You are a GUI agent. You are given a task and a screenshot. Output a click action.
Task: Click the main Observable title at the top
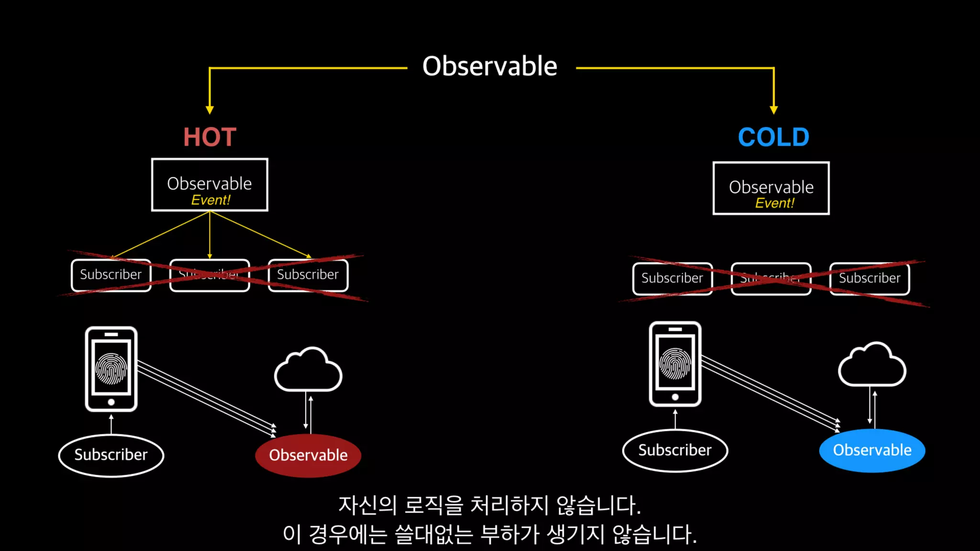point(490,66)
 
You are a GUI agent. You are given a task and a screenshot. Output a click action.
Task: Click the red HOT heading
point(210,137)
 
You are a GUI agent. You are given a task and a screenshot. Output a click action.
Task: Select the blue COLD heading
point(773,137)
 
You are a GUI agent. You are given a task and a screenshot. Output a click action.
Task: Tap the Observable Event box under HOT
point(210,185)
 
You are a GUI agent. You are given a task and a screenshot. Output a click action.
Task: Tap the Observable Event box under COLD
point(771,188)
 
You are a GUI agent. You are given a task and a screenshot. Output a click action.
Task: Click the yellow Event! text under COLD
point(774,203)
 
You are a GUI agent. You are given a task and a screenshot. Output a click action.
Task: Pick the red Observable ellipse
point(308,455)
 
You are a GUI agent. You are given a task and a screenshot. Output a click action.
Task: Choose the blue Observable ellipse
point(872,450)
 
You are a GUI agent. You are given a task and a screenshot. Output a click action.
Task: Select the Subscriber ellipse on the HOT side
point(111,455)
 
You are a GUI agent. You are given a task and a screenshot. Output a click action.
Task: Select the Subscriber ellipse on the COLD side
point(675,450)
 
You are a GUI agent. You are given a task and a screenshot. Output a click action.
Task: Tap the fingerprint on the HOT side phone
point(111,369)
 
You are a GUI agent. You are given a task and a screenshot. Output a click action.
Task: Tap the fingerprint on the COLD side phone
point(675,364)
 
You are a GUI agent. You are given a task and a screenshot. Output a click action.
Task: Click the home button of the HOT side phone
point(111,402)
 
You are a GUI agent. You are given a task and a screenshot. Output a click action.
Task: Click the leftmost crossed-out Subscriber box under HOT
point(111,275)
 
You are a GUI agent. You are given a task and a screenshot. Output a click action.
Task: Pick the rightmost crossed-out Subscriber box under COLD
point(869,278)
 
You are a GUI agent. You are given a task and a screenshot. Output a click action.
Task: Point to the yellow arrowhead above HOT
point(210,110)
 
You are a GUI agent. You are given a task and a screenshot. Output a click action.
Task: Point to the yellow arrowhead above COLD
point(774,110)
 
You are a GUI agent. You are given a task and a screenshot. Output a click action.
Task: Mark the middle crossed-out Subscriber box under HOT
point(210,275)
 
